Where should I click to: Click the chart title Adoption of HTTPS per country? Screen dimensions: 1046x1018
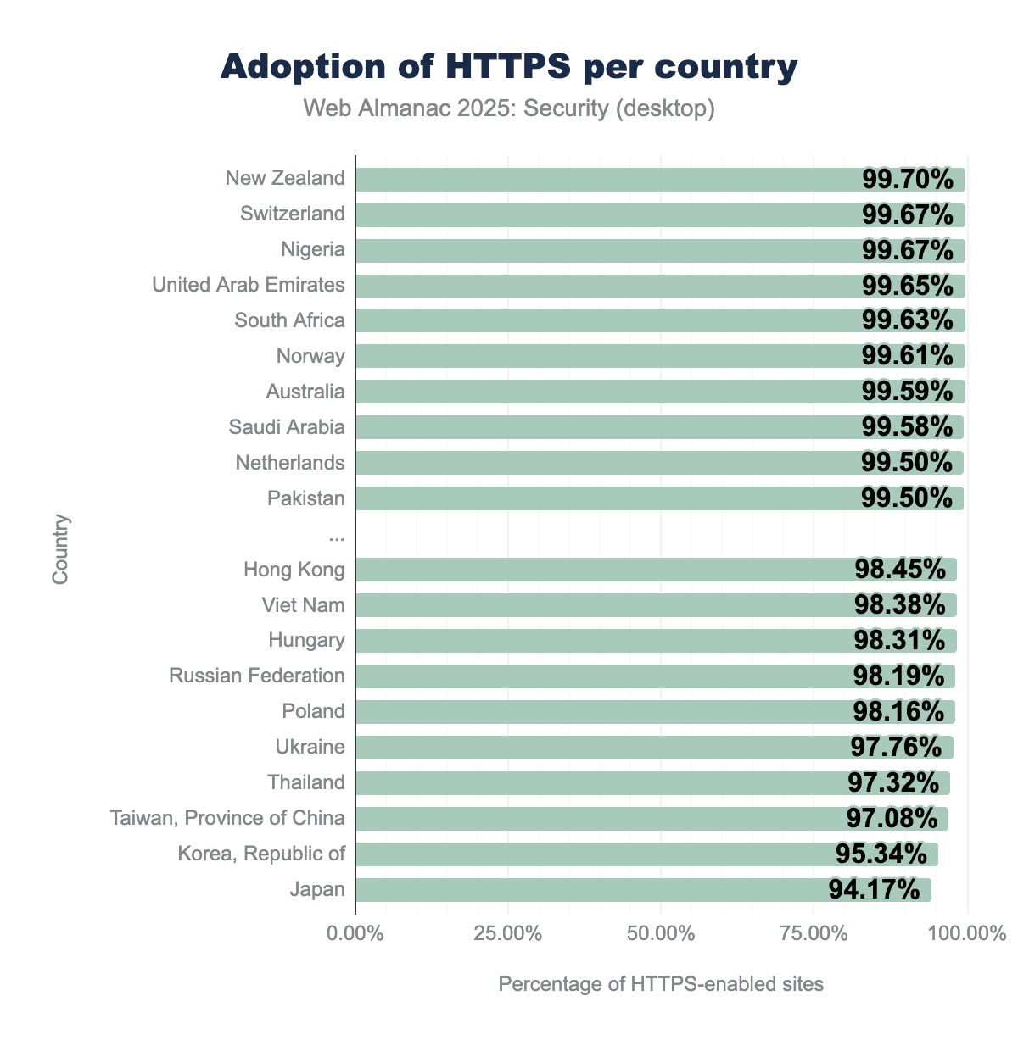[x=509, y=66]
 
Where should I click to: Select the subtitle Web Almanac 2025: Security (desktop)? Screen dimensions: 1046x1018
[x=509, y=108]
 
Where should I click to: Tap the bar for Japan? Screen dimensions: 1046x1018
[x=594, y=890]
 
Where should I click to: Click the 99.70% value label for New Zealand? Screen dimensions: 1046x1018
[x=908, y=179]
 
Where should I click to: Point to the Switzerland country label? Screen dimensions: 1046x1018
[x=293, y=214]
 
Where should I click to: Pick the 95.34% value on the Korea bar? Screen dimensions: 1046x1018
[x=881, y=854]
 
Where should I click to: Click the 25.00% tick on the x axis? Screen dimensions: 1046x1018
[x=508, y=934]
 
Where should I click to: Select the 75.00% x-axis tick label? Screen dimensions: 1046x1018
[x=814, y=934]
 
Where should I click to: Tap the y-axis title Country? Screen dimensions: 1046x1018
[x=60, y=548]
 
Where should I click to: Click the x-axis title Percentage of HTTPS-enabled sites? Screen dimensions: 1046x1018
[x=661, y=984]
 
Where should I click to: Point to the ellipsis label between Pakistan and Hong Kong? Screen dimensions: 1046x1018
[x=336, y=534]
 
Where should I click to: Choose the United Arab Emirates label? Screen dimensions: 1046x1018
[x=249, y=285]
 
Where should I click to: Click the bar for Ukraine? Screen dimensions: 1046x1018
[x=594, y=748]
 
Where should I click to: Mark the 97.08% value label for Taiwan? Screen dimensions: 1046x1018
[x=892, y=818]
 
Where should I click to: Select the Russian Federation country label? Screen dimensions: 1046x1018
[x=257, y=676]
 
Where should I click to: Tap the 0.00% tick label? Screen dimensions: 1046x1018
[x=355, y=934]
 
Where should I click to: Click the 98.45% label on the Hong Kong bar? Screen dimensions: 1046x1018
[x=900, y=569]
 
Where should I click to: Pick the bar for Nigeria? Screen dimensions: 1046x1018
[x=594, y=250]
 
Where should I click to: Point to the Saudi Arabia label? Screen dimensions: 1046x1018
[x=287, y=427]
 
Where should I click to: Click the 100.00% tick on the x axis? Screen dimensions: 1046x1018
[x=966, y=934]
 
